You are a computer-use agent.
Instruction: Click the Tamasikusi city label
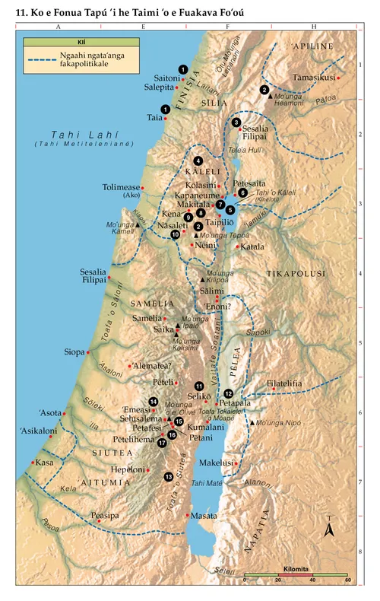[x=314, y=78]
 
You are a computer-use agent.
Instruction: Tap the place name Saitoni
[x=167, y=78]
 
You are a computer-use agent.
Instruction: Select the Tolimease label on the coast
[x=120, y=187]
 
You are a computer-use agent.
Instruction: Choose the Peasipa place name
[x=106, y=515]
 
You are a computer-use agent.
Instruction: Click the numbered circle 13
[x=168, y=477]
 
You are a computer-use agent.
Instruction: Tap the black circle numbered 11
[x=199, y=386]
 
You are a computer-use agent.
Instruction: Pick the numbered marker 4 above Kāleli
[x=198, y=161]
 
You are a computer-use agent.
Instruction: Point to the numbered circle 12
[x=229, y=393]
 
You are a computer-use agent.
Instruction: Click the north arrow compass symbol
[x=328, y=529]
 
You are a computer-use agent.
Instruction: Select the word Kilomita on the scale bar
[x=295, y=568]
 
